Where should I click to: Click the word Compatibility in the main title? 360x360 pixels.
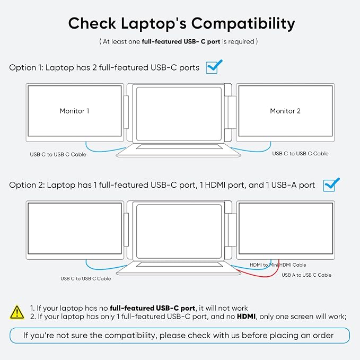(243, 24)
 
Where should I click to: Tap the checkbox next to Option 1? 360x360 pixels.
(214, 67)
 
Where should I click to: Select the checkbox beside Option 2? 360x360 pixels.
(331, 185)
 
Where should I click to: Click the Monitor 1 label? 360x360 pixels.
(74, 111)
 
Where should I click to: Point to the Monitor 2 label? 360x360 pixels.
(285, 111)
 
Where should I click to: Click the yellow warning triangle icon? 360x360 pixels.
(17, 312)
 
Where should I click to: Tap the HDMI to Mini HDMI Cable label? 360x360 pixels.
(278, 265)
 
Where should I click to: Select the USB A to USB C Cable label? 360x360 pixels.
(306, 275)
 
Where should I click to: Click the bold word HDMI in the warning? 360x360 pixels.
(246, 317)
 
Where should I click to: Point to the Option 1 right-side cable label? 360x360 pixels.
(300, 153)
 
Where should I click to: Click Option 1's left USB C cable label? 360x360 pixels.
(58, 154)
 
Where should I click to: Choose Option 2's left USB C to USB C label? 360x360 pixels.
(86, 278)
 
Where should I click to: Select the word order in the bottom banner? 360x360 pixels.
(323, 336)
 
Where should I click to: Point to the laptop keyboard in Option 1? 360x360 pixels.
(179, 146)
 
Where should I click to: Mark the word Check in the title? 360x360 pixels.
(92, 24)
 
